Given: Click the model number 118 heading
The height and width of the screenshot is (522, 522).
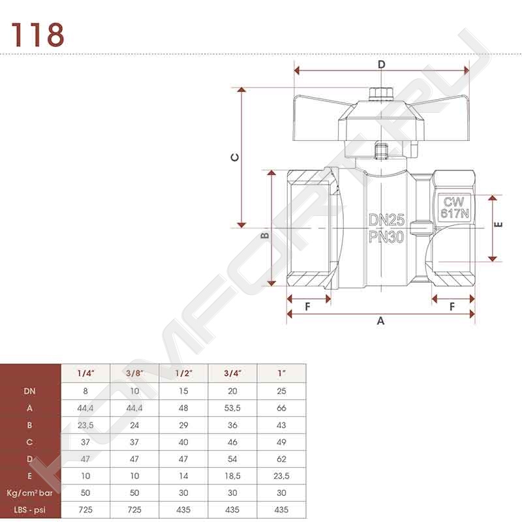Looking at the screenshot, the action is [x=38, y=35].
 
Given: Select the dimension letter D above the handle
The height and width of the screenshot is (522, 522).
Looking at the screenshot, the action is [x=382, y=64].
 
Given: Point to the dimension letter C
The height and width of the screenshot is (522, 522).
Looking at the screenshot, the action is [x=235, y=157].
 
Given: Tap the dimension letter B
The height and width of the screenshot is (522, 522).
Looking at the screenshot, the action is [x=265, y=236].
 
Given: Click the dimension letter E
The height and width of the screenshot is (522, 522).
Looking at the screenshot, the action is [x=499, y=224].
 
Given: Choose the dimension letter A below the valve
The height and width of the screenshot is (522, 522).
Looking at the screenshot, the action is [x=380, y=320].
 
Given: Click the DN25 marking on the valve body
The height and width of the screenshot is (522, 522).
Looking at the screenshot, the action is [x=386, y=220].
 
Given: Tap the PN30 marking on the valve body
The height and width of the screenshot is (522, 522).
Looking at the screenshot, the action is [x=386, y=237].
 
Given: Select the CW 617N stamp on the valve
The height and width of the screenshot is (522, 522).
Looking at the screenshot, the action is [x=454, y=207].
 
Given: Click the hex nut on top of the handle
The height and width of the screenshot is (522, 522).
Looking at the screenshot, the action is [x=382, y=93].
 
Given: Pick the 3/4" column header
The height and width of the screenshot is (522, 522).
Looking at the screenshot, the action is [x=232, y=373].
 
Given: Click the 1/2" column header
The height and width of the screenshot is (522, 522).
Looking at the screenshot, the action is [x=183, y=373].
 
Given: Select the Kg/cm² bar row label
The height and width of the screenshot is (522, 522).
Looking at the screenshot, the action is [x=29, y=493].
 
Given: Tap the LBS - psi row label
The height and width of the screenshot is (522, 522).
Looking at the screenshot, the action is [x=29, y=510].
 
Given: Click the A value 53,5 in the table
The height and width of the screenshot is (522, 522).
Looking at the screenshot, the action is [x=232, y=408].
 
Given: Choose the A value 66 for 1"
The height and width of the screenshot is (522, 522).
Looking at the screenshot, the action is [x=281, y=408].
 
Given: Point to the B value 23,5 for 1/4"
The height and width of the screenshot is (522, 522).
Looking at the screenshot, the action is [x=85, y=425].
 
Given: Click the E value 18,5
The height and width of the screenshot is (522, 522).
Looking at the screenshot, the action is [x=232, y=476].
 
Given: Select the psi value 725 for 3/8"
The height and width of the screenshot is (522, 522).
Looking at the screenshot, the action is [x=134, y=510].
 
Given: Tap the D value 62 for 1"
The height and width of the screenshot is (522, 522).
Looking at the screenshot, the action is [x=281, y=459].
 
